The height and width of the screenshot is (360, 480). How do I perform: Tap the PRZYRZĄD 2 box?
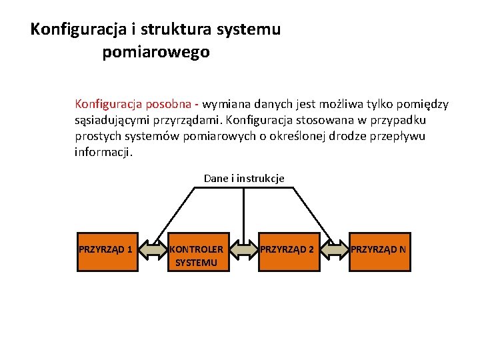[x=287, y=251]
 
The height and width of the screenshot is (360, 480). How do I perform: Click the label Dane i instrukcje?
[x=244, y=178]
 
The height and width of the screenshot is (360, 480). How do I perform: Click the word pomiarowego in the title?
[x=156, y=52]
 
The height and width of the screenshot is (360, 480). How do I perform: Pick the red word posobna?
[x=165, y=104]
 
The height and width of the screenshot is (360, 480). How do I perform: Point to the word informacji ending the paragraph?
[x=104, y=152]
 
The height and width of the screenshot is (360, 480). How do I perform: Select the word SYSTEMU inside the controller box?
[x=196, y=263]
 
